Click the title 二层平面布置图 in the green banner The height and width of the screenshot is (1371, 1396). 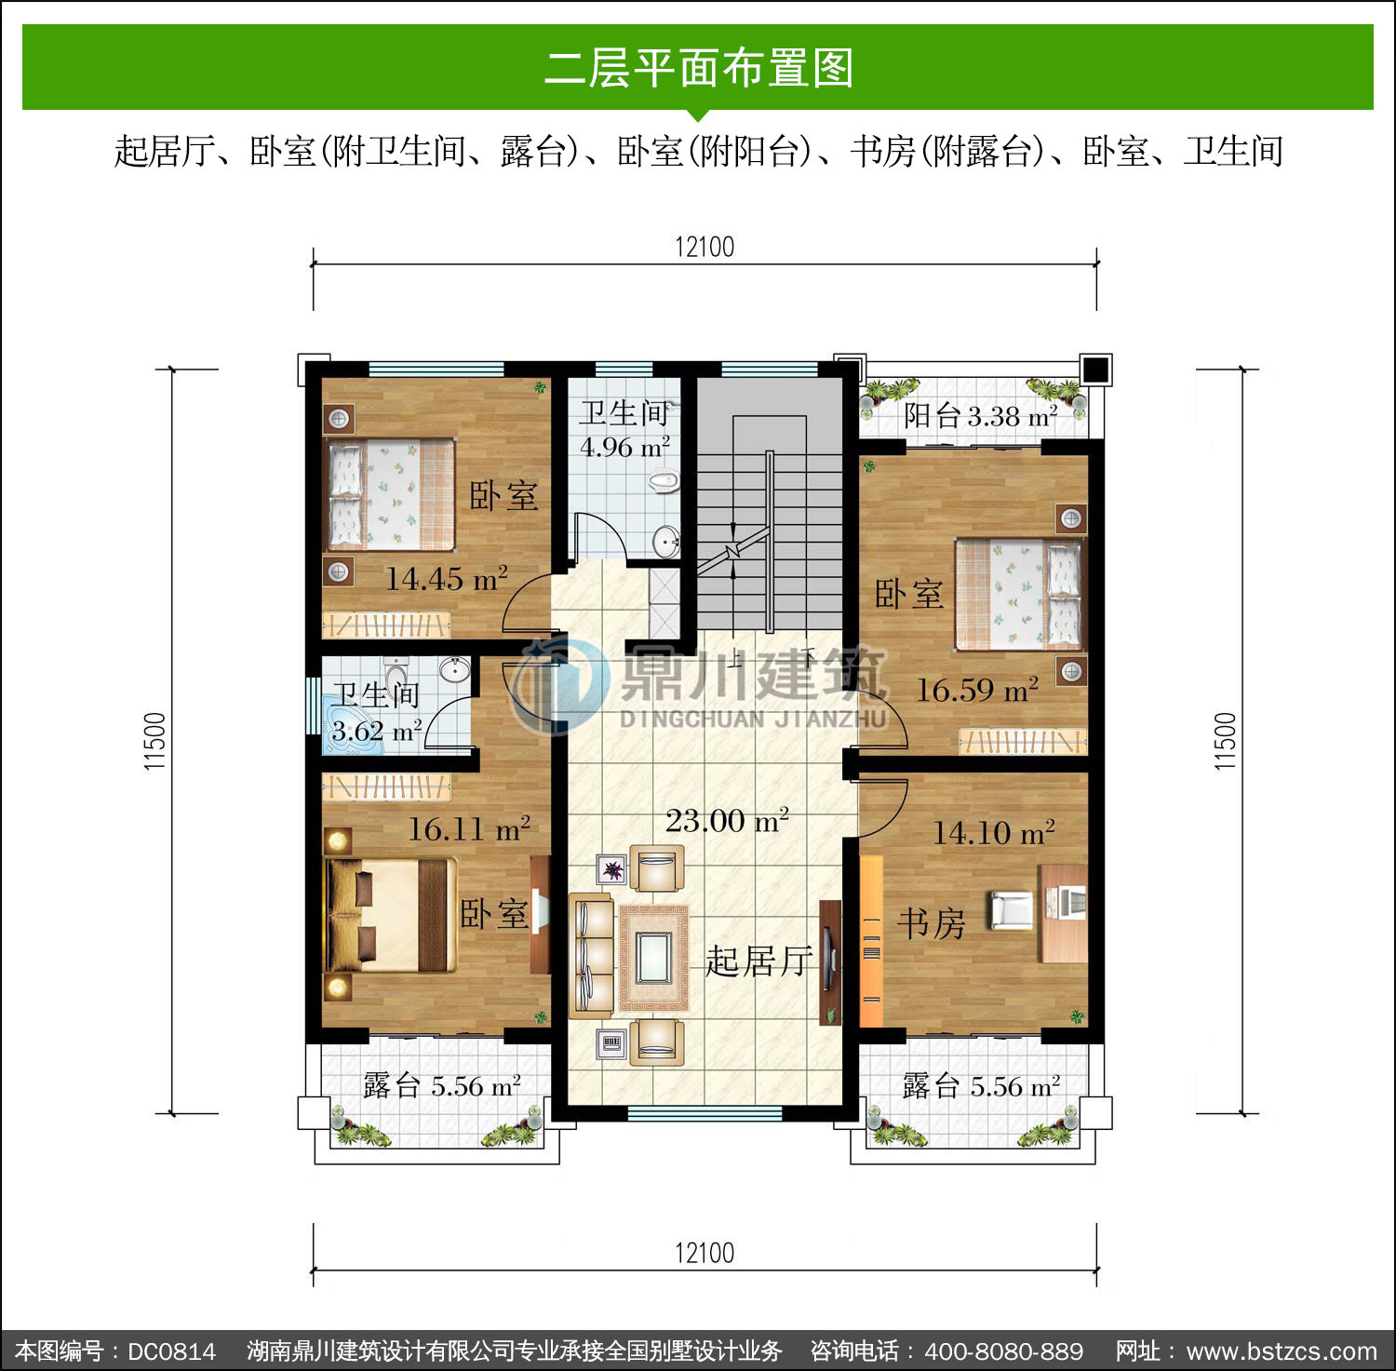[698, 68]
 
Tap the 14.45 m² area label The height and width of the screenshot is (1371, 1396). [447, 578]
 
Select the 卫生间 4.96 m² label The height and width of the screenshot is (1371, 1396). [626, 429]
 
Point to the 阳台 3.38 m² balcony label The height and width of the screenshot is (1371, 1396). [980, 415]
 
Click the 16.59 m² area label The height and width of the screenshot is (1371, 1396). [977, 690]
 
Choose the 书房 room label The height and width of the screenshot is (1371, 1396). [931, 923]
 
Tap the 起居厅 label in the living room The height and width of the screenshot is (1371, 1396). [759, 961]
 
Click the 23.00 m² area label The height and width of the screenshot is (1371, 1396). [727, 820]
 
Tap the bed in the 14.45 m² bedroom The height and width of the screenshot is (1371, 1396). [389, 493]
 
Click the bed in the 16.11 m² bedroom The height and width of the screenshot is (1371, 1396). [390, 915]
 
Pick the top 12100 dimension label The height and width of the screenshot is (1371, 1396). [705, 247]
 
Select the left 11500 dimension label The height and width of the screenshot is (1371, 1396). [155, 741]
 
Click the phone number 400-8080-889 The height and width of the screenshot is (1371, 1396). [1003, 1351]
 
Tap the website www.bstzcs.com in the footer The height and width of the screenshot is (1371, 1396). [1282, 1351]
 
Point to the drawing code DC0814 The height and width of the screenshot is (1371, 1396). [171, 1351]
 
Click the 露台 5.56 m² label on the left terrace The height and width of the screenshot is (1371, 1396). [441, 1085]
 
